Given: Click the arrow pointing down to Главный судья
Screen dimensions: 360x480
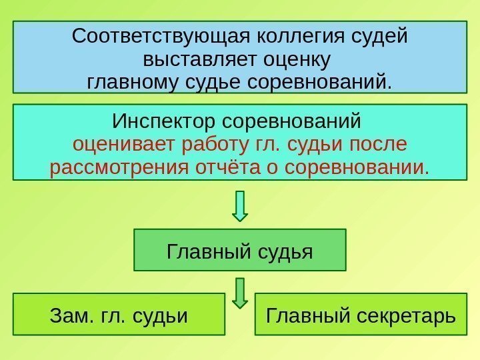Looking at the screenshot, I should [240, 206].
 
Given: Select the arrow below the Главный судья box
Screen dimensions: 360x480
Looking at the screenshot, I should [240, 293].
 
